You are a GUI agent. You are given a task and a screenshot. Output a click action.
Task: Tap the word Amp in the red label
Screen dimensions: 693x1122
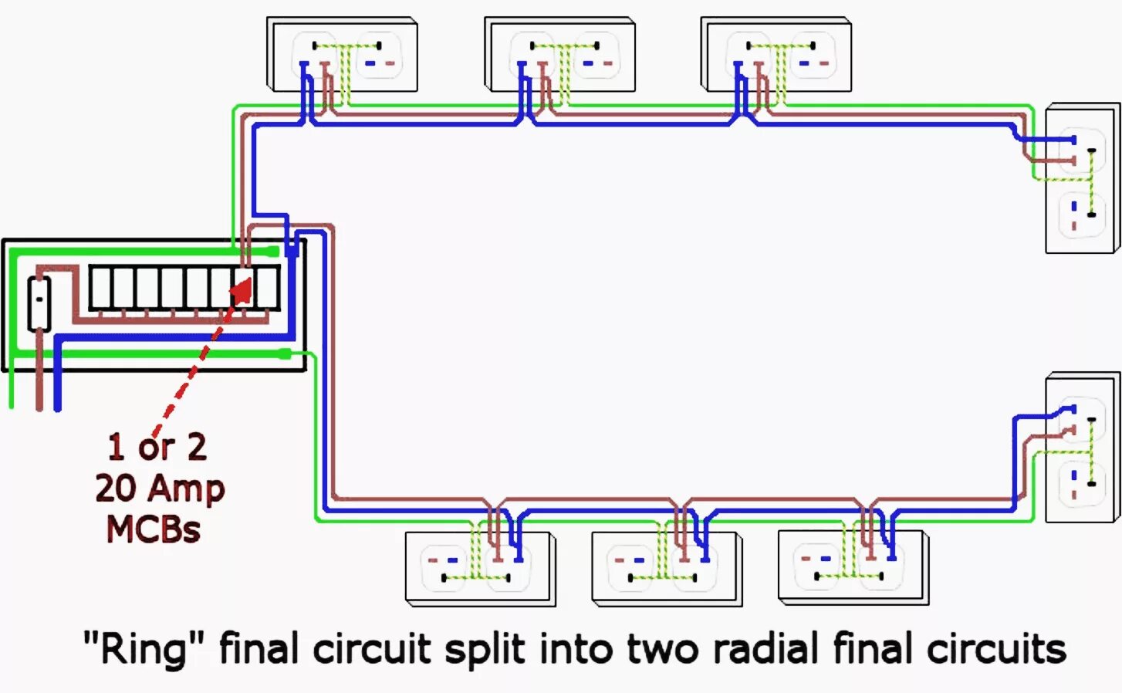[187, 488]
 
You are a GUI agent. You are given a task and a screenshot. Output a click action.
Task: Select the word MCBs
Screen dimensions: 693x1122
[153, 529]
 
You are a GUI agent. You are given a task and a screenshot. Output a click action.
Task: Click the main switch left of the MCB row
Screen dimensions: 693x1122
[39, 303]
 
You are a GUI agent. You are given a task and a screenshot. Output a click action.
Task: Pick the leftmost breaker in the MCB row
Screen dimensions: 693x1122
[100, 288]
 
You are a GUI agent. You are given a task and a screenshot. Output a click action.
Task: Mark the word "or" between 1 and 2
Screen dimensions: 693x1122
[157, 448]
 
